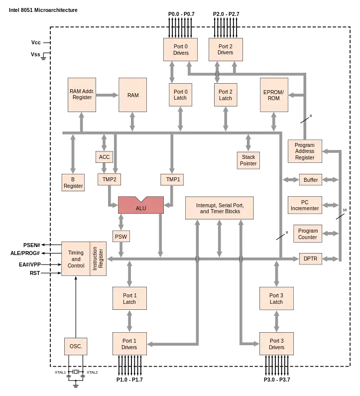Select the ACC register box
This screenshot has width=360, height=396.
click(104, 157)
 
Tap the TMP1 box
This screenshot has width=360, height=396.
click(173, 179)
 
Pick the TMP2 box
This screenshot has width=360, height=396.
click(109, 179)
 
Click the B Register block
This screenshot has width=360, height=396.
click(73, 182)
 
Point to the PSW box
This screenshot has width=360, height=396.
click(120, 236)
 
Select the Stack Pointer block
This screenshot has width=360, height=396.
click(248, 160)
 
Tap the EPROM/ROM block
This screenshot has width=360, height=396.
click(274, 95)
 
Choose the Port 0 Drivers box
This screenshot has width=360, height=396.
click(181, 50)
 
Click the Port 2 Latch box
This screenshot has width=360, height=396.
click(225, 95)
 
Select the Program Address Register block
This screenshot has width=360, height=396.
click(305, 151)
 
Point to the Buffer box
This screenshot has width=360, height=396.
click(311, 180)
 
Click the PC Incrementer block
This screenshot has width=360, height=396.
click(305, 205)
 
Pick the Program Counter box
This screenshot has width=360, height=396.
click(307, 234)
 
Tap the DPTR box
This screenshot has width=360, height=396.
click(310, 259)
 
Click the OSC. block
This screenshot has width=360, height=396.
click(76, 346)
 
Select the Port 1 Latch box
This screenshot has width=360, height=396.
click(129, 299)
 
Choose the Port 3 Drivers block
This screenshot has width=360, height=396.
click(276, 344)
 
